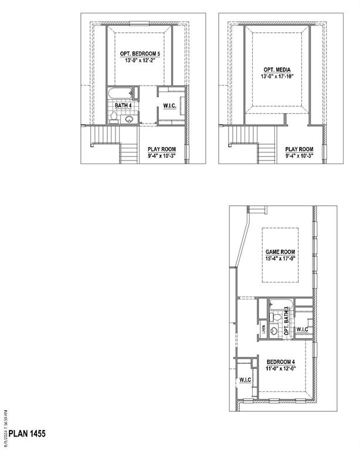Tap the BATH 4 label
(x=123, y=105)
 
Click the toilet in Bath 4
(x=113, y=117)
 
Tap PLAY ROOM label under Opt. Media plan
(x=299, y=149)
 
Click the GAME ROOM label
(x=280, y=251)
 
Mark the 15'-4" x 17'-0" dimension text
(x=280, y=258)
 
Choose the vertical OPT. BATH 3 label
(x=287, y=322)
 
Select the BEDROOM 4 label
(x=280, y=362)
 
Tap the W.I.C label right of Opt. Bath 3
(x=303, y=329)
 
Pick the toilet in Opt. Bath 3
(x=273, y=317)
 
